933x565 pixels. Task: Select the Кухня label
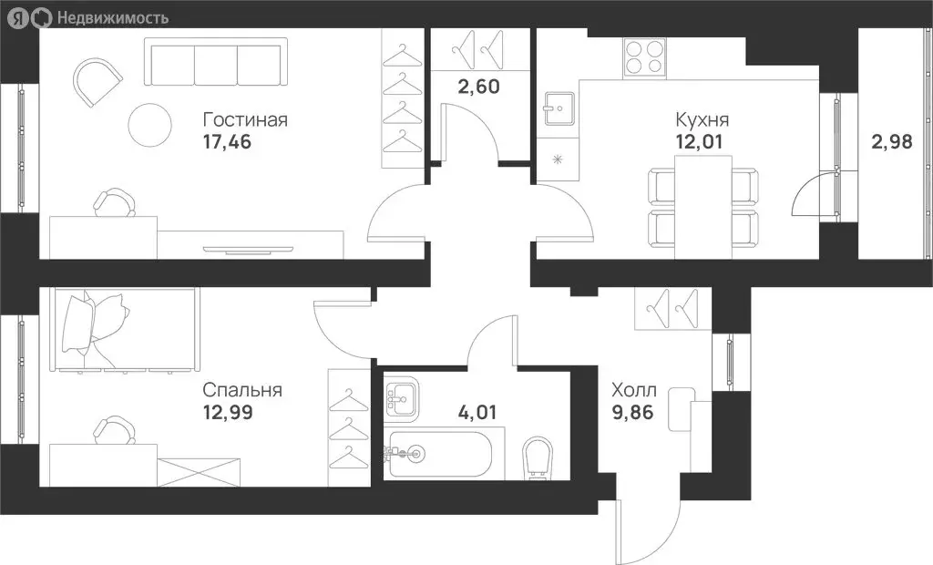click(x=702, y=120)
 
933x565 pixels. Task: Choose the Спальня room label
click(x=241, y=390)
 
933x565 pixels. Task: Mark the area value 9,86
click(x=633, y=411)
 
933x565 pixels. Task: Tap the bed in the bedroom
click(x=125, y=331)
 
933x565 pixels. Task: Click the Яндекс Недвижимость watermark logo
click(x=88, y=16)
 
